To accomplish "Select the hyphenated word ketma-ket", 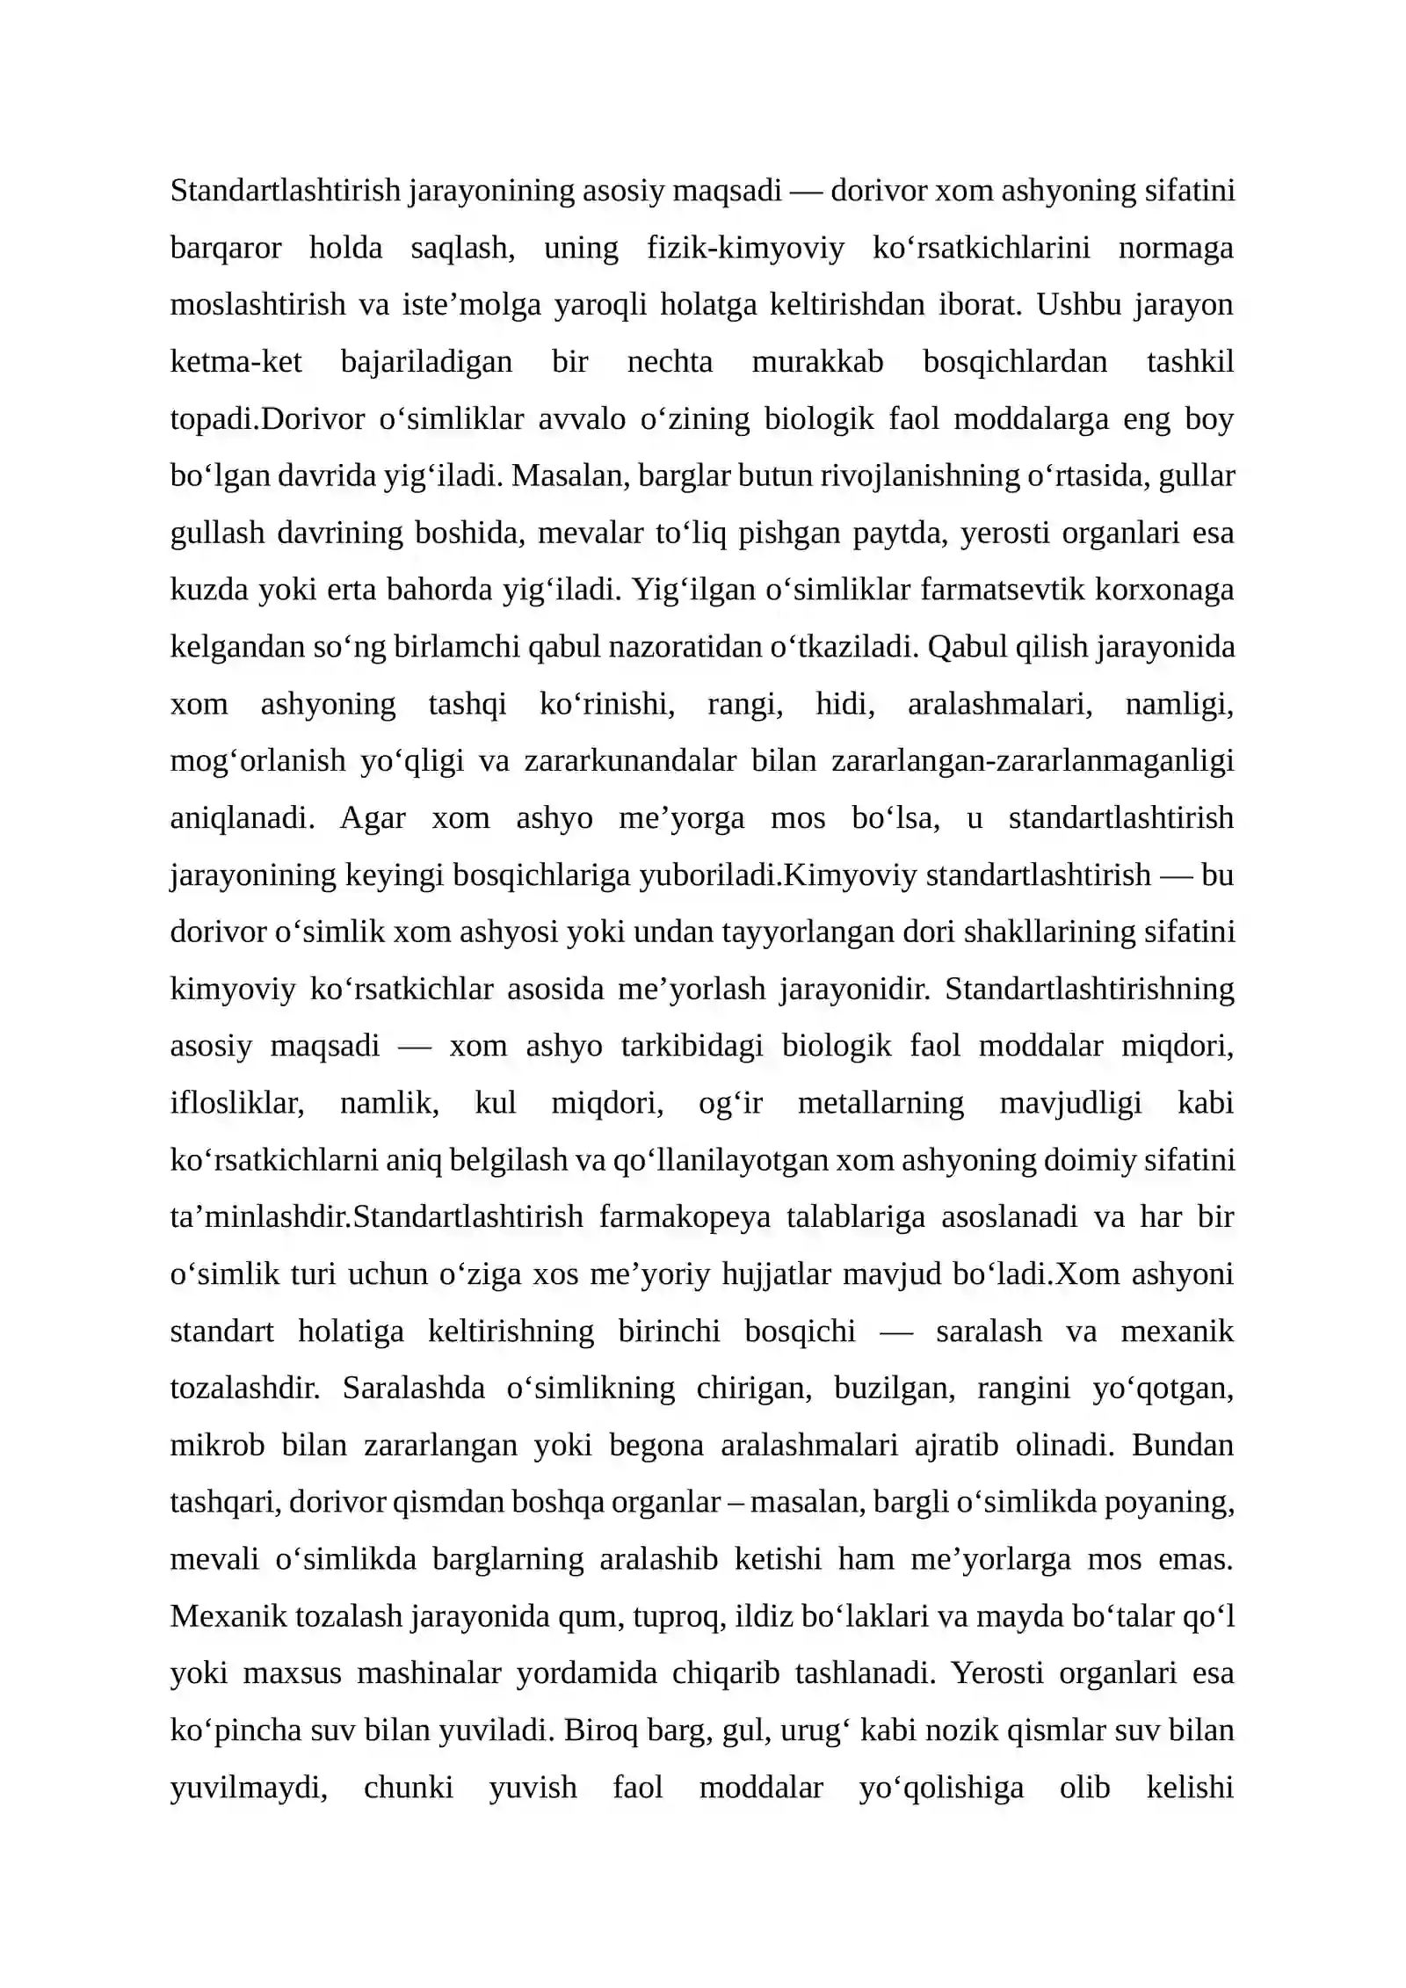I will pos(236,362).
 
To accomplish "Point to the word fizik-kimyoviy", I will pos(745,248).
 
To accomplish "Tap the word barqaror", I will pos(225,248).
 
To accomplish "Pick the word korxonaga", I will pos(1163,590).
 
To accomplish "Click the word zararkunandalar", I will pos(630,761).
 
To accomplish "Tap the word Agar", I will pos(373,818).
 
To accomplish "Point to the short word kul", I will pos(495,1103).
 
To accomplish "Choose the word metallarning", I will pos(881,1103).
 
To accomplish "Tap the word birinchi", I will pos(669,1331).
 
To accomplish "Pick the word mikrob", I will pos(217,1446).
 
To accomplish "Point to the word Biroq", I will pos(601,1730).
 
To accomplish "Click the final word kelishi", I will pos(1190,1788).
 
